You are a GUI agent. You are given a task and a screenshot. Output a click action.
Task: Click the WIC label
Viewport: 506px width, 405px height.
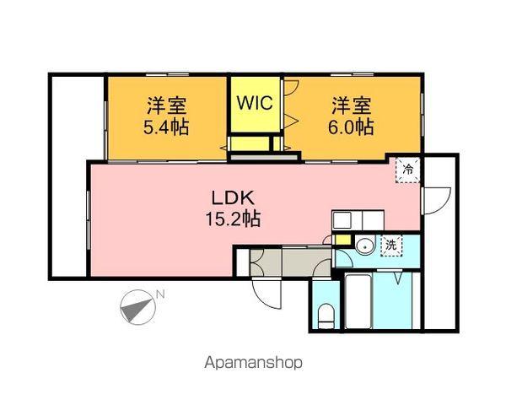pyautogui.click(x=253, y=103)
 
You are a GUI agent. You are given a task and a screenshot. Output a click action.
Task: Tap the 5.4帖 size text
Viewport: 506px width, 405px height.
pyautogui.click(x=166, y=128)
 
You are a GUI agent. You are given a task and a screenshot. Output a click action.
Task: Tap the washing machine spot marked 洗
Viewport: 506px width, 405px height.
pyautogui.click(x=391, y=245)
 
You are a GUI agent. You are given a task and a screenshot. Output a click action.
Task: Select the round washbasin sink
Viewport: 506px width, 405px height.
pyautogui.click(x=364, y=247)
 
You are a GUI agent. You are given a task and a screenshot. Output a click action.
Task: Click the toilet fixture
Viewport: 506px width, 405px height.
pyautogui.click(x=326, y=316)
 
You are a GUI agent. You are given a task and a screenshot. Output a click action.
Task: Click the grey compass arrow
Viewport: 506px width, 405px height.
pyautogui.click(x=135, y=307)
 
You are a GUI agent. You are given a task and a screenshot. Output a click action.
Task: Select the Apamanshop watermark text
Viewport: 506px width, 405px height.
pyautogui.click(x=253, y=363)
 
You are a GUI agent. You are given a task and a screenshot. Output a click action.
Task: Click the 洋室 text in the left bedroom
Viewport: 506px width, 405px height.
pyautogui.click(x=166, y=106)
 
